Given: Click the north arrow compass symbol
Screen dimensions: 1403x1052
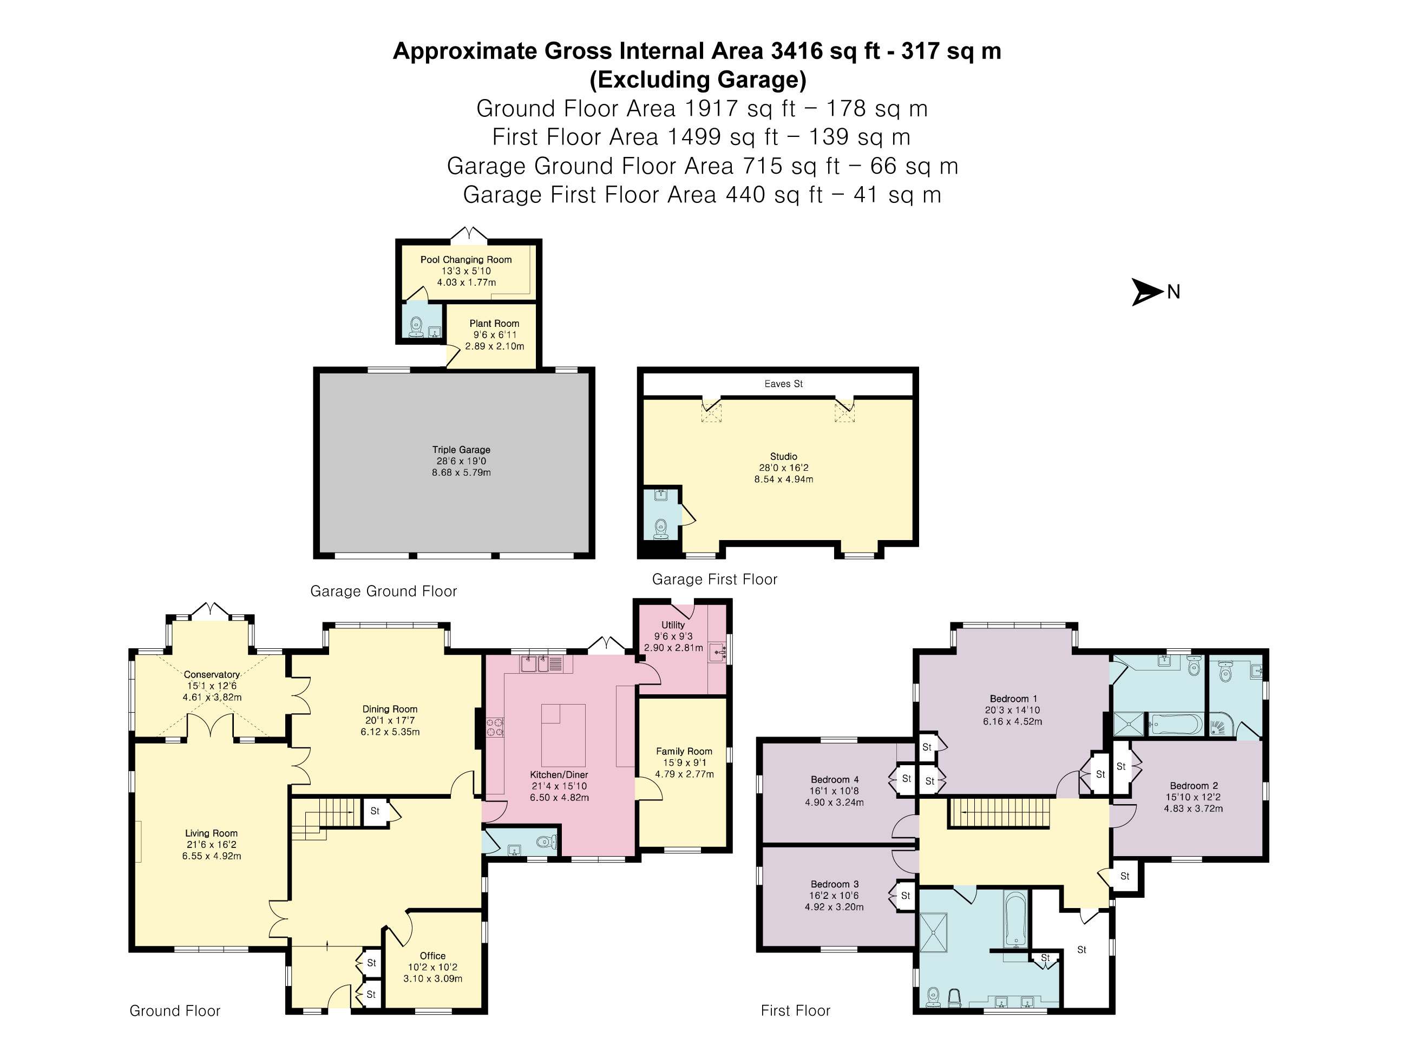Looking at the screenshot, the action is click(1147, 292).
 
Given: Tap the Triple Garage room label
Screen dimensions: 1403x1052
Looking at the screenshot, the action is click(461, 450).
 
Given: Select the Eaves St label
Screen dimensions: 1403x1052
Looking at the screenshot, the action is click(783, 384).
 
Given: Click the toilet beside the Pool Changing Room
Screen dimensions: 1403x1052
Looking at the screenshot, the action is click(416, 326).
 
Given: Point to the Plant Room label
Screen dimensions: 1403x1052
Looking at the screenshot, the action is click(494, 324).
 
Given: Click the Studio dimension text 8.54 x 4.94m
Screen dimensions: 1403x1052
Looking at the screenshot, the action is click(783, 479).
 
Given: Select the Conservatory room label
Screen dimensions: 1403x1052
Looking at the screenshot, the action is click(212, 675).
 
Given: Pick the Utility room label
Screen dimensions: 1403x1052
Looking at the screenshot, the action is click(673, 625).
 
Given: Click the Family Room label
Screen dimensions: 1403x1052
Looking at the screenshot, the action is click(684, 752).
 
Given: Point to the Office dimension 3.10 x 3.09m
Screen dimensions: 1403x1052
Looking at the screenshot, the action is click(432, 978).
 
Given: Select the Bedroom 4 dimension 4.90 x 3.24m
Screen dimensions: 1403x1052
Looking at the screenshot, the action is click(834, 802).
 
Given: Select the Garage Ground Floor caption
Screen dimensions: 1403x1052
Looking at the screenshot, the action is click(383, 591).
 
